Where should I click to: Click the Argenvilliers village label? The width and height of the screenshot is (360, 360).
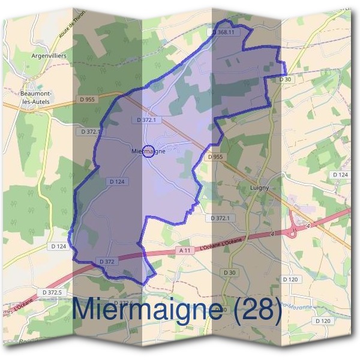pyautogui.click(x=49, y=55)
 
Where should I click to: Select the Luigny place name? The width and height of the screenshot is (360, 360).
pyautogui.click(x=259, y=188)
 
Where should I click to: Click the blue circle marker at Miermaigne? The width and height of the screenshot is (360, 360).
pyautogui.click(x=150, y=152)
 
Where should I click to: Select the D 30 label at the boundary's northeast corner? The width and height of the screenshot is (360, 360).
pyautogui.click(x=285, y=79)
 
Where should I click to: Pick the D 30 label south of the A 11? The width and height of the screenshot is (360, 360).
pyautogui.click(x=230, y=273)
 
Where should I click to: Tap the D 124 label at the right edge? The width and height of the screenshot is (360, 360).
pyautogui.click(x=340, y=175)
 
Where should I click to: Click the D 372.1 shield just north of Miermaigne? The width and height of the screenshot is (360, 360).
pyautogui.click(x=146, y=120)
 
